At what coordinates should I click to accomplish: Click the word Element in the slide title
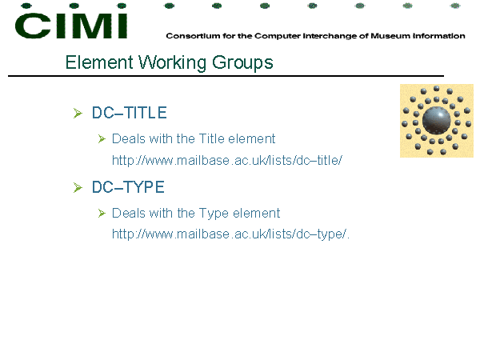click(x=99, y=62)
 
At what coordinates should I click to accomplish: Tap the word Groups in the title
click(x=242, y=63)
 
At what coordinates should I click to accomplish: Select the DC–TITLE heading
click(x=129, y=113)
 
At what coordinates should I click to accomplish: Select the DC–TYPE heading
click(x=128, y=187)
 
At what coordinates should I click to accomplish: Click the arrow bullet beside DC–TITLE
click(x=78, y=113)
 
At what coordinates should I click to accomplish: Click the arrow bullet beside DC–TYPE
click(x=78, y=187)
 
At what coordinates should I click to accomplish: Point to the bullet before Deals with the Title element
click(x=102, y=139)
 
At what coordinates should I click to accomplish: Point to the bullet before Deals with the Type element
click(x=102, y=213)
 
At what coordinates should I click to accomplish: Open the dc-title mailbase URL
click(x=227, y=161)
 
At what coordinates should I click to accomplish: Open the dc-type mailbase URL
click(x=230, y=234)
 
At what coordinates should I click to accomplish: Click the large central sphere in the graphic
click(x=436, y=120)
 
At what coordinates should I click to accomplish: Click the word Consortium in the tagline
click(x=193, y=36)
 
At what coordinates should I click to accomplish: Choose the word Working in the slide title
click(x=172, y=63)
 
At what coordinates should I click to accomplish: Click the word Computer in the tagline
click(x=278, y=36)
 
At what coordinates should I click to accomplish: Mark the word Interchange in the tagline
click(x=330, y=36)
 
